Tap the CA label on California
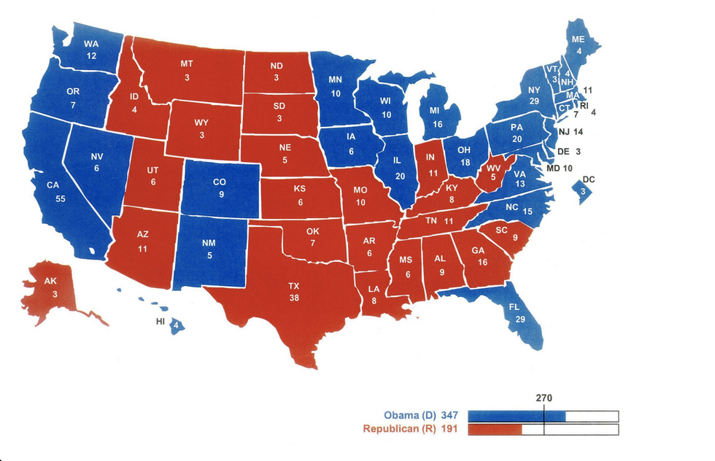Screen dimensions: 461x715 pos(53,185)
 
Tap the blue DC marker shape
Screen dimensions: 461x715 pos(582,191)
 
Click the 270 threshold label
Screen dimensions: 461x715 pos(544,398)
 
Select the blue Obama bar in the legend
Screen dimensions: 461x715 pos(516,416)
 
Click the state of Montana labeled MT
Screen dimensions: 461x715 pos(187,70)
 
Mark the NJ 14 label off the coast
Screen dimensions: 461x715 pos(570,133)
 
